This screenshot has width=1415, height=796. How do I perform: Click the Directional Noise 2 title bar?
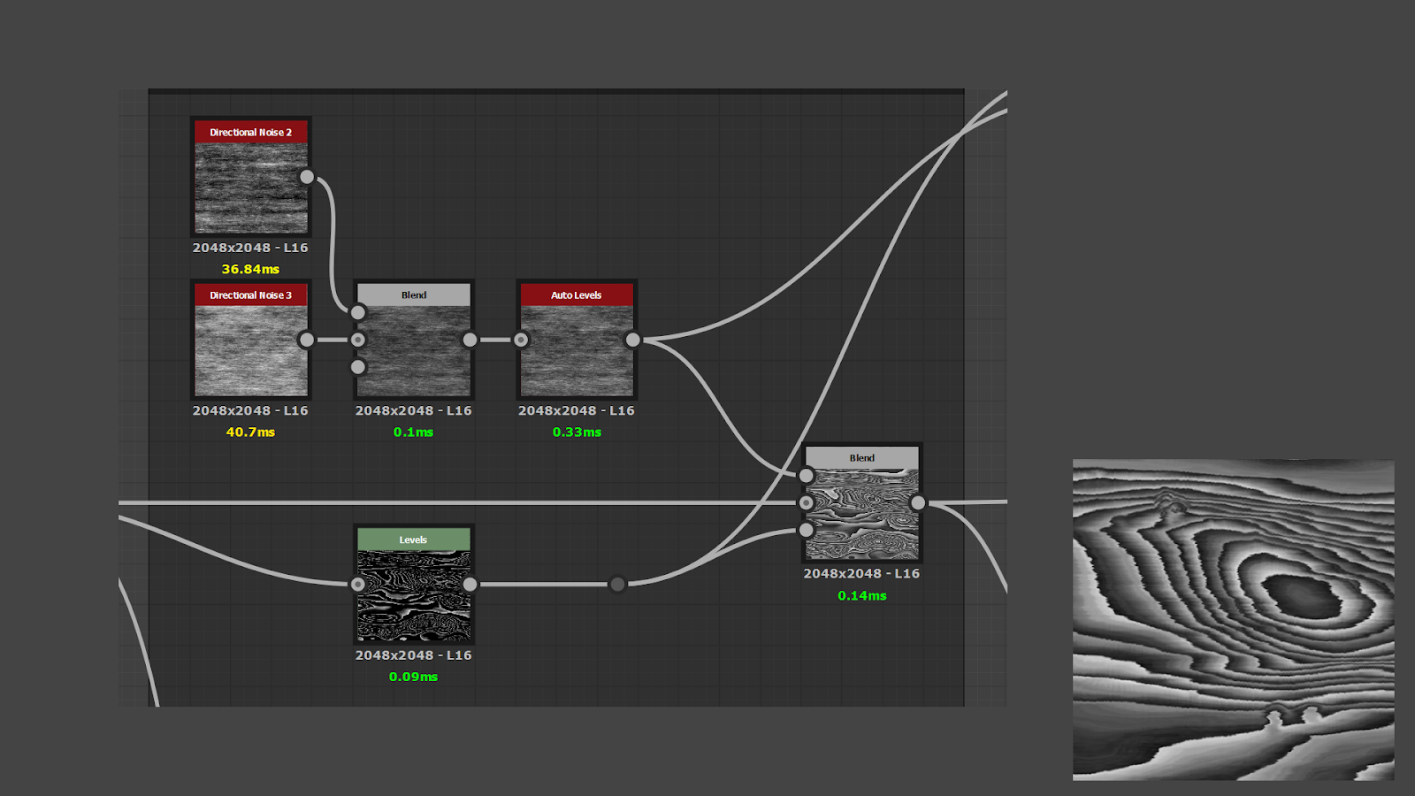tap(250, 133)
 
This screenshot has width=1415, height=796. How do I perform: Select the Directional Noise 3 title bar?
tap(250, 295)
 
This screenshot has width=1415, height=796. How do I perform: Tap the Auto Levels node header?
tap(577, 295)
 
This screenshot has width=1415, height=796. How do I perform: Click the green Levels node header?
tap(413, 540)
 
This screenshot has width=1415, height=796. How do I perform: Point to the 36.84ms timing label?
tap(250, 269)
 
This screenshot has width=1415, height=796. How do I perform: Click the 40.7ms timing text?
tap(250, 432)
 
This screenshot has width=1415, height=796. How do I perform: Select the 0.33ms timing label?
tap(577, 432)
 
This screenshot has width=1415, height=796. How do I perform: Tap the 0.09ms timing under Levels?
tap(413, 677)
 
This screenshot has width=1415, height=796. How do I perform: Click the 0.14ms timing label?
tap(862, 595)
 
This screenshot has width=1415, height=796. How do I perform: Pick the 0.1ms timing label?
tap(413, 432)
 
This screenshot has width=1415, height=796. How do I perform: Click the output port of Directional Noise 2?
tap(307, 177)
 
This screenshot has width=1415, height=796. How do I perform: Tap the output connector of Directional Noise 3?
tap(307, 340)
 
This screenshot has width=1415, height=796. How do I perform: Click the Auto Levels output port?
tap(632, 340)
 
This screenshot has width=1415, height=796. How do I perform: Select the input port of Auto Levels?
tap(521, 340)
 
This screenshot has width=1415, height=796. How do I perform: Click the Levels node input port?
tap(358, 584)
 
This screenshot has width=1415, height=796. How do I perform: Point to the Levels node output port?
tap(470, 584)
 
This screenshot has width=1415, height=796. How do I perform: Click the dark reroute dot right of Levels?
tap(618, 584)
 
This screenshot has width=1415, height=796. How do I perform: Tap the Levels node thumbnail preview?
tap(413, 596)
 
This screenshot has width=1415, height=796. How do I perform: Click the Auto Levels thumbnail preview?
tap(577, 351)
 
